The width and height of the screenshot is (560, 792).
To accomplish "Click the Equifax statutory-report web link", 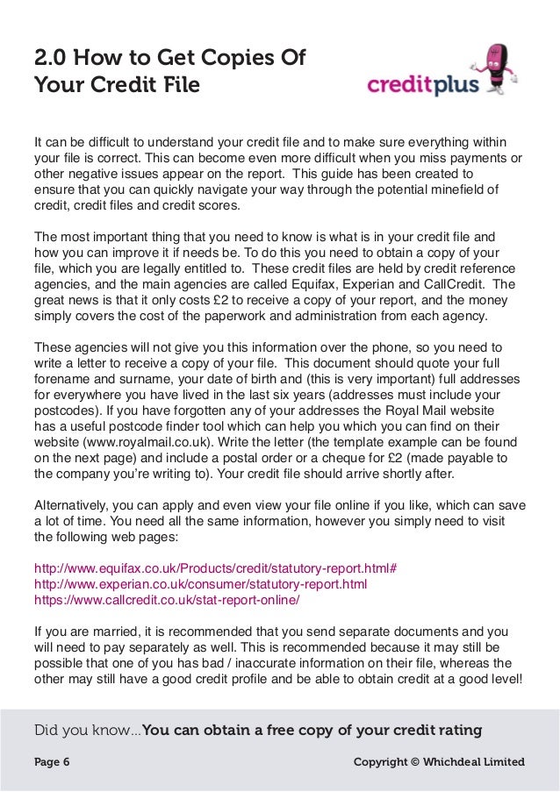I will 215,567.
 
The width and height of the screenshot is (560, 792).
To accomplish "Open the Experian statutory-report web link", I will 200,584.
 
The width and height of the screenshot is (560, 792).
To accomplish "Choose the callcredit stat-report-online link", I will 167,601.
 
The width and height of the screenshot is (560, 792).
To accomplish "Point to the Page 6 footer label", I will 52,762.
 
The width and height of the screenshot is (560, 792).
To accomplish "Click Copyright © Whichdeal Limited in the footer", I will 439,762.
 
